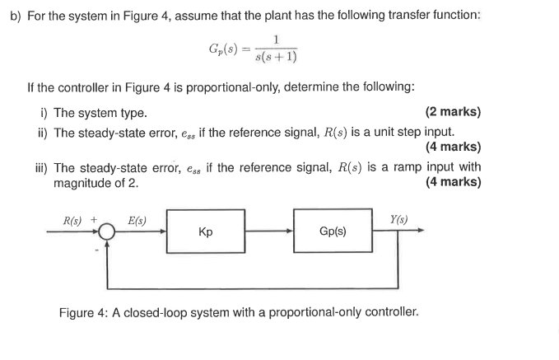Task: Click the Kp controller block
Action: click(x=206, y=231)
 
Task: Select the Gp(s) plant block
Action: click(x=333, y=231)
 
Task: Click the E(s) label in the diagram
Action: click(x=137, y=220)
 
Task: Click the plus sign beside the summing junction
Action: click(x=94, y=220)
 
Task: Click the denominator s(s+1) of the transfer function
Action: click(x=277, y=57)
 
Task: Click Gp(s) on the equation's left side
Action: click(x=226, y=47)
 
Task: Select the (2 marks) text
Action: click(x=453, y=112)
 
